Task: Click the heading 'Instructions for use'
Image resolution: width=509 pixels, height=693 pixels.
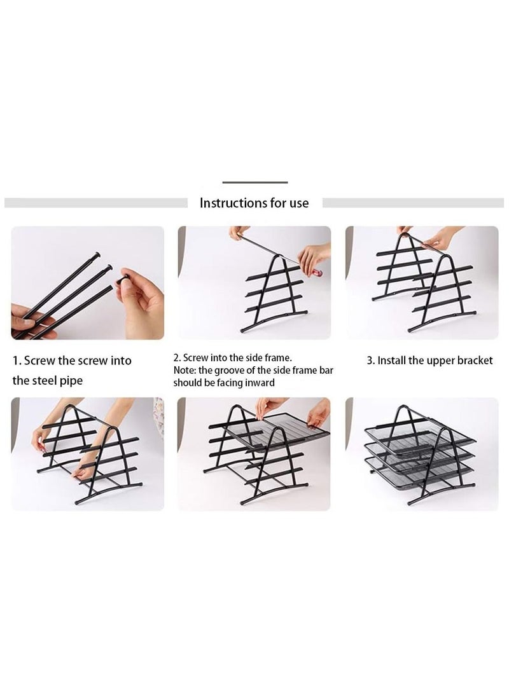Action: click(x=254, y=203)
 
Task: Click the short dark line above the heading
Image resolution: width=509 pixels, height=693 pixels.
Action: click(x=254, y=182)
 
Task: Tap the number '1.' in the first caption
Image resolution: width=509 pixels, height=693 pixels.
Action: click(x=18, y=360)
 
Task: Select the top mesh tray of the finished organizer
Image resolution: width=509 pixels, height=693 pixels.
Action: click(x=420, y=439)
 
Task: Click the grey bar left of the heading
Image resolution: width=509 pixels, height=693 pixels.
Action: click(x=95, y=203)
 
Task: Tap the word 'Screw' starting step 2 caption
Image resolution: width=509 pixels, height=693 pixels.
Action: click(x=195, y=359)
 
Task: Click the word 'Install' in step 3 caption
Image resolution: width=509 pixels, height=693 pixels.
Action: click(x=391, y=360)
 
